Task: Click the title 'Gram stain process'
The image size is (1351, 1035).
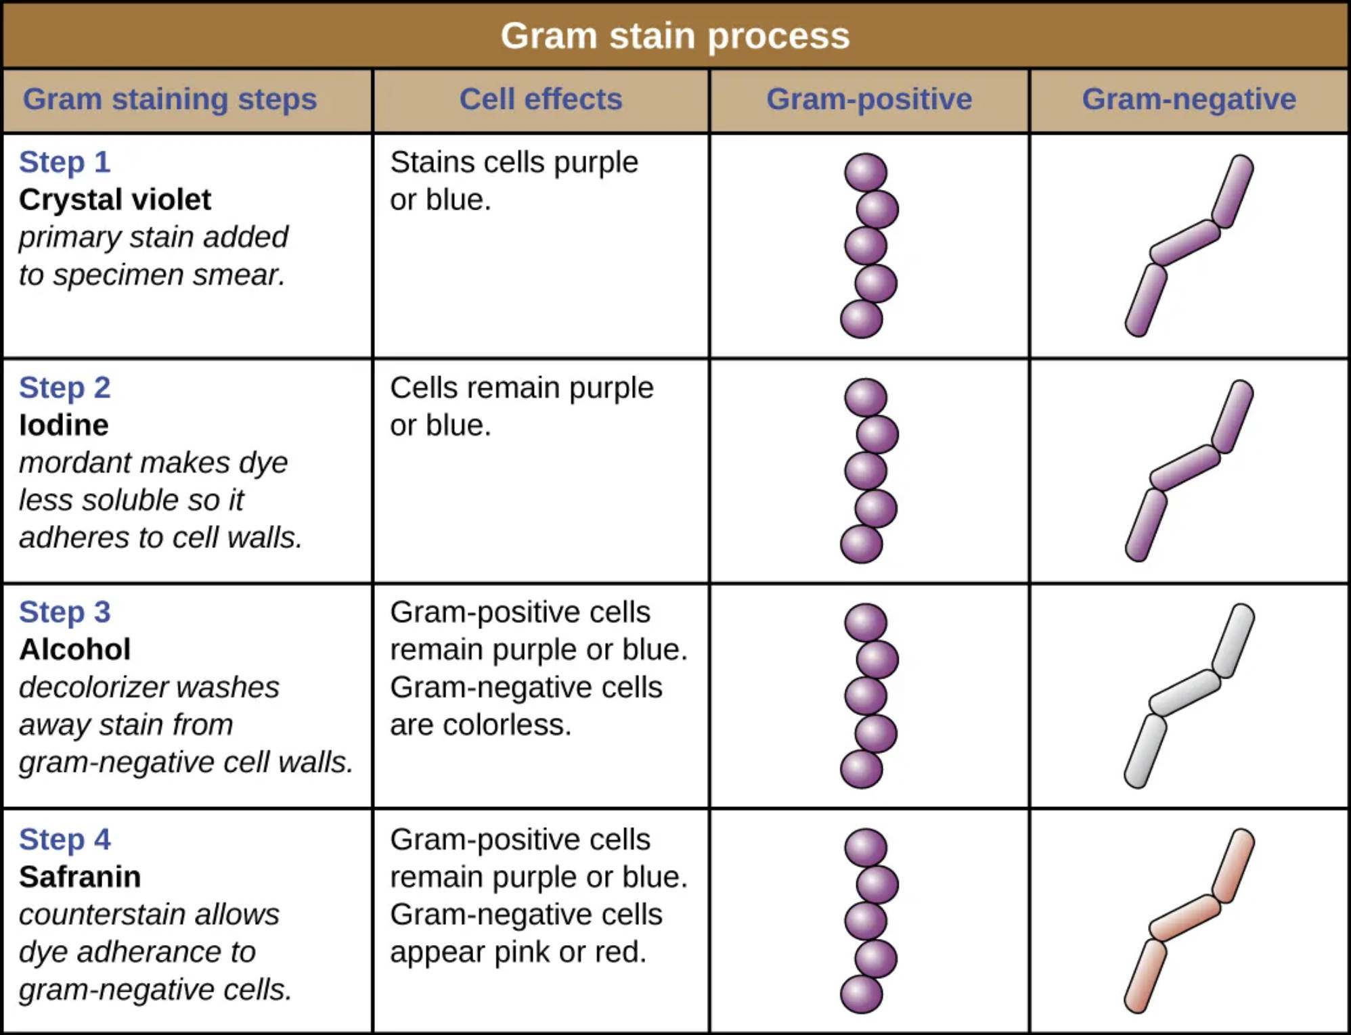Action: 675,35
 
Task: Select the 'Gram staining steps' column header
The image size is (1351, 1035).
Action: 170,99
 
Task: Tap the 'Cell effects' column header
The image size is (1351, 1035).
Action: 541,99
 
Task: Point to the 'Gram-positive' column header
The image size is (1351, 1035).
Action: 869,99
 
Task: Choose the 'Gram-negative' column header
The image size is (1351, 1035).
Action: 1189,99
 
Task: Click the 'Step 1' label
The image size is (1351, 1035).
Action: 64,162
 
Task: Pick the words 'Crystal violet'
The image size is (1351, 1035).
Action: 115,200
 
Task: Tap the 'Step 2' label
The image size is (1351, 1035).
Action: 64,388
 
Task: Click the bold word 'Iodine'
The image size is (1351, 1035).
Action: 64,425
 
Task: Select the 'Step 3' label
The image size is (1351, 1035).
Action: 64,612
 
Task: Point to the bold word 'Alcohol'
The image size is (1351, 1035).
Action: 74,650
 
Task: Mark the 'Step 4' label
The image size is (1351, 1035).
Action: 64,839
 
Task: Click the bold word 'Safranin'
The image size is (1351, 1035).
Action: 80,877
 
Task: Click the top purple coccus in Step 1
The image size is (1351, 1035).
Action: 866,172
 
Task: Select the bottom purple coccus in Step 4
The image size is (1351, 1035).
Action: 861,994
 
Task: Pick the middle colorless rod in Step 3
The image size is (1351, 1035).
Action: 1184,693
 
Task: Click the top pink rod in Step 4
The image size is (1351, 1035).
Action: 1233,866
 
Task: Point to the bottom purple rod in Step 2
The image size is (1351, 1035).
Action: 1146,525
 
